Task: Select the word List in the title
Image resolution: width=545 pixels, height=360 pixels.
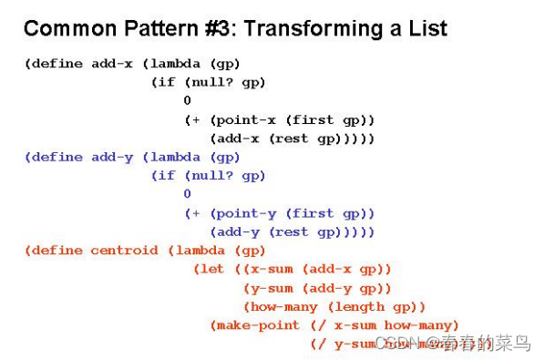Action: [422, 28]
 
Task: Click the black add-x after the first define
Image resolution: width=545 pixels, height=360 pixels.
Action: [112, 64]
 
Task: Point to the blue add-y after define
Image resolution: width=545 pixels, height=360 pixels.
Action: [112, 157]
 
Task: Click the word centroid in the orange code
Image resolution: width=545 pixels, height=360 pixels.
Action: [124, 251]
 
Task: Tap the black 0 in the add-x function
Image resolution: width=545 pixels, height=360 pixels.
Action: [188, 101]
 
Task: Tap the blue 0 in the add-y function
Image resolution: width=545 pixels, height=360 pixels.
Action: [188, 194]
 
